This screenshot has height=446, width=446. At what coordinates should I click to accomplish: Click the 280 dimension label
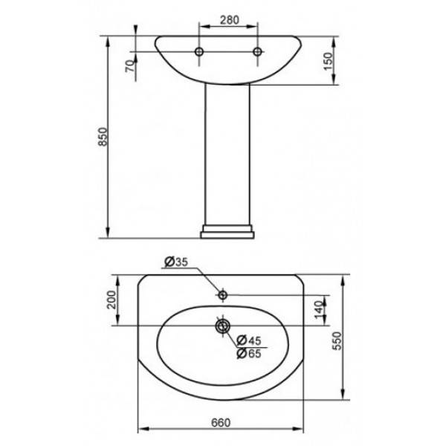tap(230, 20)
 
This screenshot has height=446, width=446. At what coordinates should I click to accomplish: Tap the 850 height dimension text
tap(103, 137)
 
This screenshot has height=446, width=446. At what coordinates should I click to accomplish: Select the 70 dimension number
tap(129, 66)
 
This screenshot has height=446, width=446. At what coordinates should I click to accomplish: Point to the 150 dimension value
tap(328, 62)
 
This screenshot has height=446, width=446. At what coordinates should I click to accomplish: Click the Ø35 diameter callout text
tap(176, 262)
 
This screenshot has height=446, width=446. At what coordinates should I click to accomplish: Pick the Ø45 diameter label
tap(249, 340)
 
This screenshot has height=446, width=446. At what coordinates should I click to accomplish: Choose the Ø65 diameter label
tap(249, 354)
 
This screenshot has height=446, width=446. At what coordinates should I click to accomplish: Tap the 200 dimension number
tap(111, 300)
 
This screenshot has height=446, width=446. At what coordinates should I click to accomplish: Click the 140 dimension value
tap(320, 310)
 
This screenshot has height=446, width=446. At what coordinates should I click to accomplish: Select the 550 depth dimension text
tap(337, 340)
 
